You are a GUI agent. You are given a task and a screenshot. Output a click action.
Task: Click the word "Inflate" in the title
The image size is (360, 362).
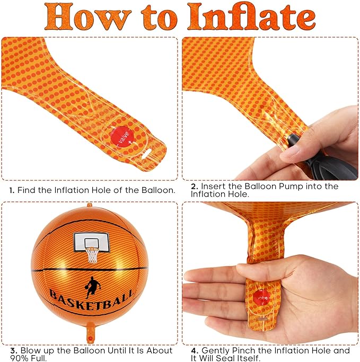(252, 17)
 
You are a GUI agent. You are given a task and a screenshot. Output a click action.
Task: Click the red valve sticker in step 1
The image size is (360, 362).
(122, 138)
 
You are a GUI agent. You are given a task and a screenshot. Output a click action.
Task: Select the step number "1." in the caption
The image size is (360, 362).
(12, 190)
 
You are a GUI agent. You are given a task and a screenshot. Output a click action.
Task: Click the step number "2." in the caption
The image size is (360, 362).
(195, 187)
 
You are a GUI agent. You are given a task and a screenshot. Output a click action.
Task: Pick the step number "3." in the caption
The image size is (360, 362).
(14, 350)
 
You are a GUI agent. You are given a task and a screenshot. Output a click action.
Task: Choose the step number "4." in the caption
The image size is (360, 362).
(195, 350)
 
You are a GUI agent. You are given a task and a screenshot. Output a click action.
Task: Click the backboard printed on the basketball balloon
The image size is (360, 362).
(91, 242)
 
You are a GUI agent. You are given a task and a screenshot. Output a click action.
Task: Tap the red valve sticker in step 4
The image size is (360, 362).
(261, 298)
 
